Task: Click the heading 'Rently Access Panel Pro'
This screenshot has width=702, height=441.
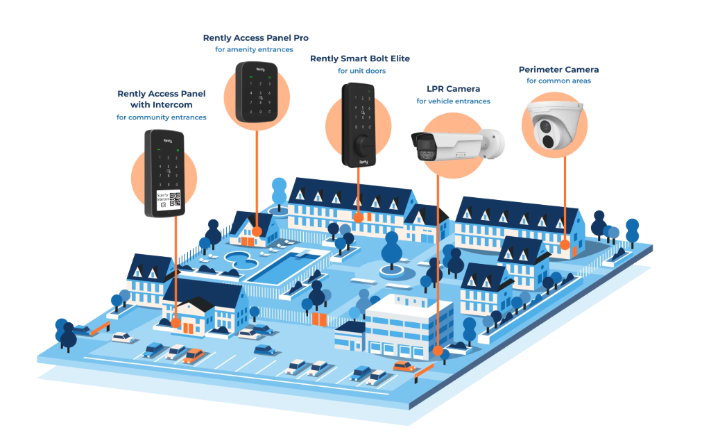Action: [255, 38]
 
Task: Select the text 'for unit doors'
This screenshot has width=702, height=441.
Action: [361, 71]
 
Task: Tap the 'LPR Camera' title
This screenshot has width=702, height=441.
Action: [453, 89]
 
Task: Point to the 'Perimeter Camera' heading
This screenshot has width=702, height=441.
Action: [558, 69]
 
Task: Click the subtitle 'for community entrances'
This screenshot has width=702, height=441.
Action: [161, 117]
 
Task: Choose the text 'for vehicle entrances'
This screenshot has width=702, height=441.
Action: [453, 101]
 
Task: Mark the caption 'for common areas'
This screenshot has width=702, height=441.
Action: [558, 81]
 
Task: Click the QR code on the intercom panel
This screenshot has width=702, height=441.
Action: [175, 199]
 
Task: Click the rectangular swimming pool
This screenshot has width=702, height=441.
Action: [283, 266]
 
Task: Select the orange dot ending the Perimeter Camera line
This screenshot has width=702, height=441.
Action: [565, 244]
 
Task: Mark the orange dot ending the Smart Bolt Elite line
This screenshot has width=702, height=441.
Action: [359, 217]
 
